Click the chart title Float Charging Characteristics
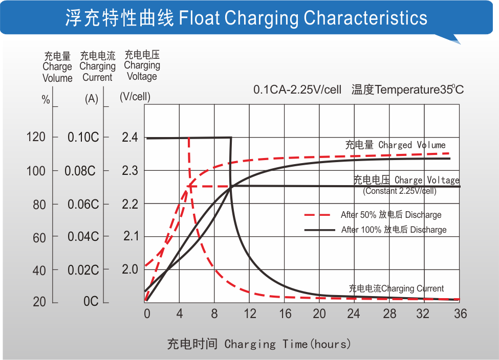click(x=246, y=18)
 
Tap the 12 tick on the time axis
click(x=250, y=313)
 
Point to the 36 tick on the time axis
click(x=460, y=313)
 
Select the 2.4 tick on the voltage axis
click(x=130, y=137)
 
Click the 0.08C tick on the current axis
click(x=80, y=171)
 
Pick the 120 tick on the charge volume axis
click(x=36, y=137)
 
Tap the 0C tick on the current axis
click(x=91, y=302)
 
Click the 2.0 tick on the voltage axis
click(x=130, y=269)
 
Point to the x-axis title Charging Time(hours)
click(x=259, y=344)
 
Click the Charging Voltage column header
click(x=142, y=65)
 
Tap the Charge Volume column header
click(x=57, y=67)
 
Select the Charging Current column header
click(x=97, y=66)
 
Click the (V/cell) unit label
click(x=135, y=97)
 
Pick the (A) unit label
click(x=91, y=99)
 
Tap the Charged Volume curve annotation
click(x=395, y=145)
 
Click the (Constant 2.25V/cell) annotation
click(x=400, y=191)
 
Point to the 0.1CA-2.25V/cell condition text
click(x=297, y=89)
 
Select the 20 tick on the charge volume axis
click(x=39, y=302)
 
